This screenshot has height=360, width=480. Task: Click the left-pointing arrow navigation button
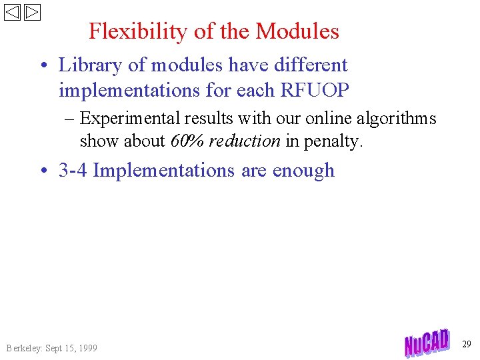tap(13, 12)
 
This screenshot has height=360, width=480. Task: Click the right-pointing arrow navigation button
tap(33, 12)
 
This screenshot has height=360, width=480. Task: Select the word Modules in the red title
tap(297, 31)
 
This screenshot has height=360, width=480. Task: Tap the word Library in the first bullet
tap(87, 65)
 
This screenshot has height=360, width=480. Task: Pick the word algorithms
tap(396, 119)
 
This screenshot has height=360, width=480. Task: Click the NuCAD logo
tap(427, 343)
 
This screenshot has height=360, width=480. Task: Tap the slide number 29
tap(467, 344)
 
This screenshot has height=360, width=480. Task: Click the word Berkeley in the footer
tap(23, 348)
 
